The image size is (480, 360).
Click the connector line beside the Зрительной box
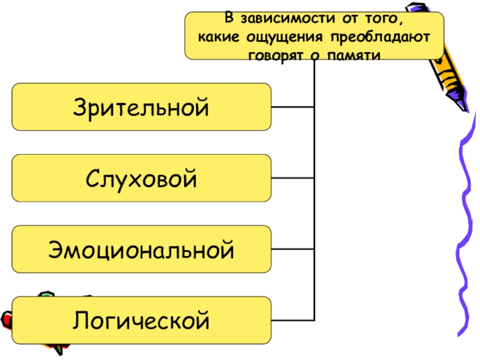(x=292, y=107)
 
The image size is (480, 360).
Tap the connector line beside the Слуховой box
(x=292, y=178)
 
